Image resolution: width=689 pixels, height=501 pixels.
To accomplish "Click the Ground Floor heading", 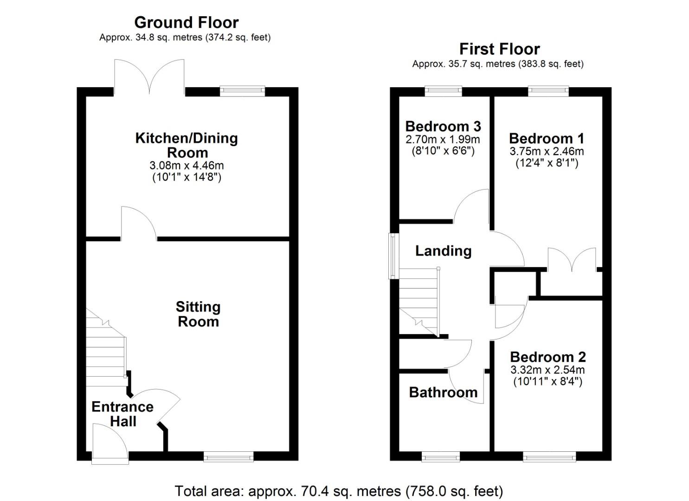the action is [x=187, y=22].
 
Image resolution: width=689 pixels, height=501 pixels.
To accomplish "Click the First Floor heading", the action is [x=500, y=49].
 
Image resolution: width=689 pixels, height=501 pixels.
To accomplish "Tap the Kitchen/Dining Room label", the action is [x=187, y=145].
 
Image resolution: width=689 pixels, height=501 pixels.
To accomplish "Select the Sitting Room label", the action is [x=199, y=314].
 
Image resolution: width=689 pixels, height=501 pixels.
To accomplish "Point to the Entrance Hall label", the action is [x=123, y=414].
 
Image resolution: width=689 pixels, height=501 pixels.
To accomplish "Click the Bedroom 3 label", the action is [x=443, y=126].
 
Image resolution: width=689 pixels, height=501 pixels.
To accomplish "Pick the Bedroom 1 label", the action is [x=547, y=138].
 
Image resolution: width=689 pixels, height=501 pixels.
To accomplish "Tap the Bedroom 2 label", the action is [x=548, y=357].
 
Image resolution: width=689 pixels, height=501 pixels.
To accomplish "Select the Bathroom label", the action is [x=443, y=392].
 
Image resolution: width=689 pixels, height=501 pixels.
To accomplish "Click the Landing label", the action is [x=443, y=251].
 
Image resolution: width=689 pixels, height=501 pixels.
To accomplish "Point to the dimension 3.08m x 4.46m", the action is [x=187, y=166].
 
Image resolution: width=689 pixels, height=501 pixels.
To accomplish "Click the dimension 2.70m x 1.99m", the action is [x=443, y=139].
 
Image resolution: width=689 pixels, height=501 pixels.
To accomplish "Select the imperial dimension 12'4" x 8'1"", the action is [x=547, y=162].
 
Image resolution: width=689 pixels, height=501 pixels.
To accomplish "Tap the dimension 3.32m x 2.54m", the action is [x=547, y=370].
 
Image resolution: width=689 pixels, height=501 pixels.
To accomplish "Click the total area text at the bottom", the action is [x=339, y=491].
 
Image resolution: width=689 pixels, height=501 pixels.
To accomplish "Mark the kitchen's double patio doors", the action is [x=149, y=77].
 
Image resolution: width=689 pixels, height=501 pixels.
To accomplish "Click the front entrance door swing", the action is [x=110, y=443].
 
